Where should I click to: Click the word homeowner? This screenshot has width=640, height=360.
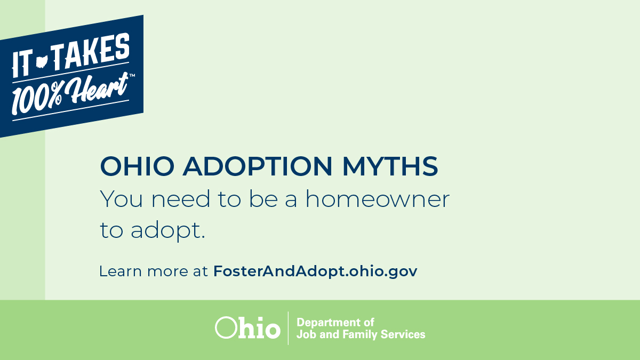coord(377,199)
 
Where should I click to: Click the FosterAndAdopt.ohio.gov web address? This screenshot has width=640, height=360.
coord(315,271)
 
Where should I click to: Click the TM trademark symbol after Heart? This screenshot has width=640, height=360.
coord(132,76)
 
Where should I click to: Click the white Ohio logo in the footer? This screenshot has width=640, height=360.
coord(247,327)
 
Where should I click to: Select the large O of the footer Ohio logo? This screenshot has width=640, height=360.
coord(225,327)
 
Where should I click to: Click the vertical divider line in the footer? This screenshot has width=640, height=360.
coord(289,328)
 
